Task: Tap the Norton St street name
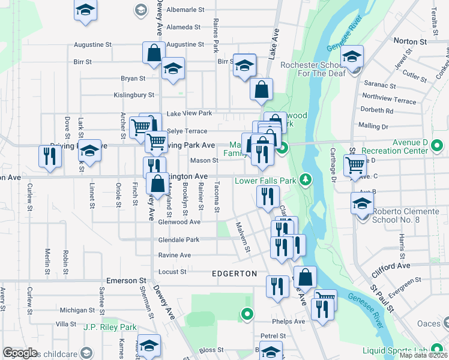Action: [409, 42]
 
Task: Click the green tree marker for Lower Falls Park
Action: [306, 179]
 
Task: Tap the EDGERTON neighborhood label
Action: [235, 274]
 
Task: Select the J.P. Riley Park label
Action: [110, 328]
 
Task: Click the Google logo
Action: [20, 353]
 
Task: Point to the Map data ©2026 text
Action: [423, 355]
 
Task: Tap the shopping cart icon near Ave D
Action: [355, 163]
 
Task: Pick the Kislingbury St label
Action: [134, 95]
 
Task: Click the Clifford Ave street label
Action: [391, 266]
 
